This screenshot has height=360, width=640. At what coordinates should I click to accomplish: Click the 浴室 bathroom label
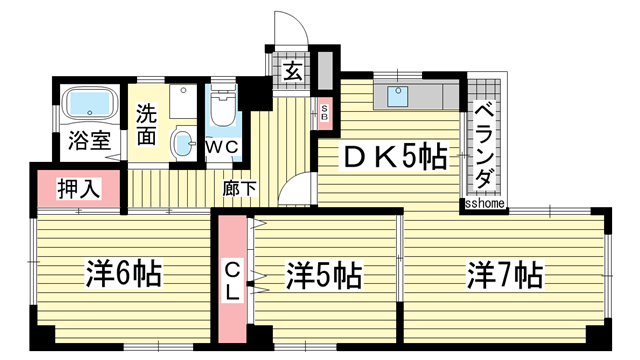click(89, 141)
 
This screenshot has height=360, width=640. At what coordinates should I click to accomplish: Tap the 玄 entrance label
click(292, 71)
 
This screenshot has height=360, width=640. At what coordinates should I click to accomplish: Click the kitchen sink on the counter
click(398, 96)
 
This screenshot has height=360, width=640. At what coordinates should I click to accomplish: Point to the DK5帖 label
click(395, 157)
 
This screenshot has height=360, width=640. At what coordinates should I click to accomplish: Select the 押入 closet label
click(77, 188)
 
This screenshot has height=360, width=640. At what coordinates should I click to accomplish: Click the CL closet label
click(230, 281)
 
